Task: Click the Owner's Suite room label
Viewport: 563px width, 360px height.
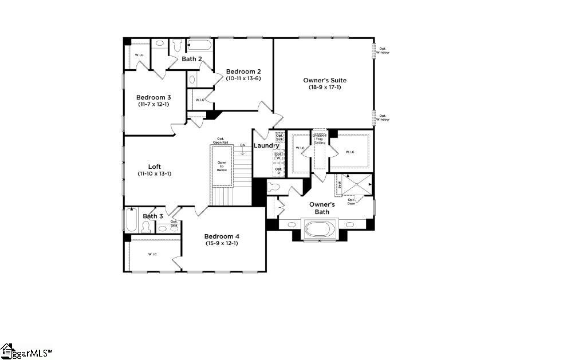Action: pos(325,80)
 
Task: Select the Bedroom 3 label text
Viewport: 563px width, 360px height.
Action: pos(153,97)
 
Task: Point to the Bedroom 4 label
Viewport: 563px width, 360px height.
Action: pos(222,236)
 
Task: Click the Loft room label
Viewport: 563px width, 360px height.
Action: pos(155,167)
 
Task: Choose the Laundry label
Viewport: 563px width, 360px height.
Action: pos(266,146)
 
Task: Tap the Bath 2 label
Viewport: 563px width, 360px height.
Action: pos(192,59)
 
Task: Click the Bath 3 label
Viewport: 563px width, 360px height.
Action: pos(153,216)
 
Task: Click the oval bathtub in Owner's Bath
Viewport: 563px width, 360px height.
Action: pos(320,228)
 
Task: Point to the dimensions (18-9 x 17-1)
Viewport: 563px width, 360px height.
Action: pos(325,87)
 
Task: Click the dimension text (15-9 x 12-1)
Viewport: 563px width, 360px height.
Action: pos(222,243)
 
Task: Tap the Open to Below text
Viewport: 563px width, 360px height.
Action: pos(222,166)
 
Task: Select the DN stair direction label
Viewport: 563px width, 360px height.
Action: pos(243,145)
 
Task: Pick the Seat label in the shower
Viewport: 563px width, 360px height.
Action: pos(339,185)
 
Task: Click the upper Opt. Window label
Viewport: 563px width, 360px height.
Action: pos(383,51)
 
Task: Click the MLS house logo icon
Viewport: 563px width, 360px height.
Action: pos(7,350)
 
